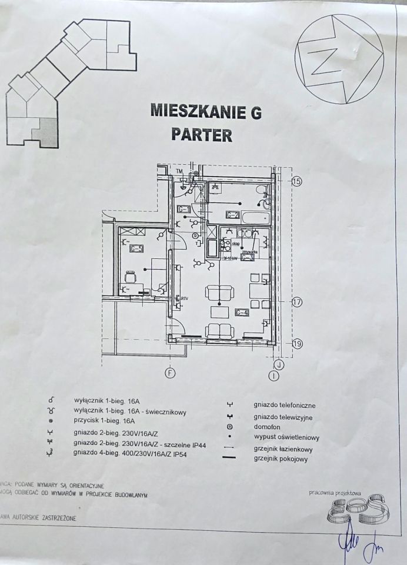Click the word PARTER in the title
(201, 135)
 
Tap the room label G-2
(232, 214)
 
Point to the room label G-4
(242, 312)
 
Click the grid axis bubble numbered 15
(296, 182)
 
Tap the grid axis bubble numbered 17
(296, 303)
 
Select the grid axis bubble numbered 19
(296, 344)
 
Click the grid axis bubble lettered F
(171, 372)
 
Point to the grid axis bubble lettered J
(279, 365)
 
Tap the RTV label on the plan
(184, 298)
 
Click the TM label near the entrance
(179, 171)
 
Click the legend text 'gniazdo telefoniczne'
(285, 405)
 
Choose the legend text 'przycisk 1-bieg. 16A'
(105, 421)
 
